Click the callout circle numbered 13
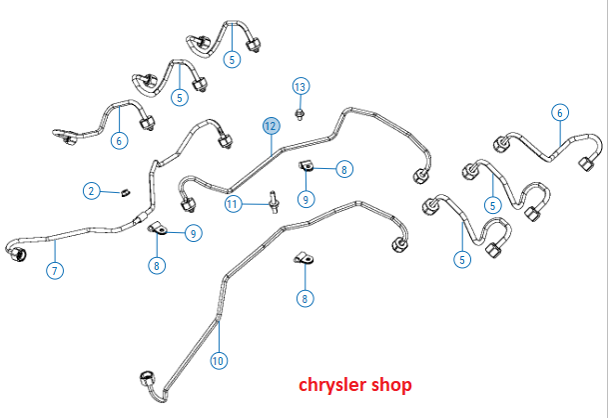[x=301, y=85]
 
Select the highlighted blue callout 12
[x=270, y=126]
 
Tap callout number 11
[x=233, y=204]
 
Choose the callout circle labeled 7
[x=55, y=270]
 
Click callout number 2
[x=91, y=190]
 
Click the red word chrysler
[x=335, y=384]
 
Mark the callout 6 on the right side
[x=559, y=113]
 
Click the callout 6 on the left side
[x=119, y=141]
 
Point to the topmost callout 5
[x=233, y=59]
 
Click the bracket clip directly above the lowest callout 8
[x=303, y=262]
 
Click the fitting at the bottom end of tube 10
[x=147, y=378]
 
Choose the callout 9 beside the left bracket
[x=194, y=233]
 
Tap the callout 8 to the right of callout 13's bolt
[x=344, y=170]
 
